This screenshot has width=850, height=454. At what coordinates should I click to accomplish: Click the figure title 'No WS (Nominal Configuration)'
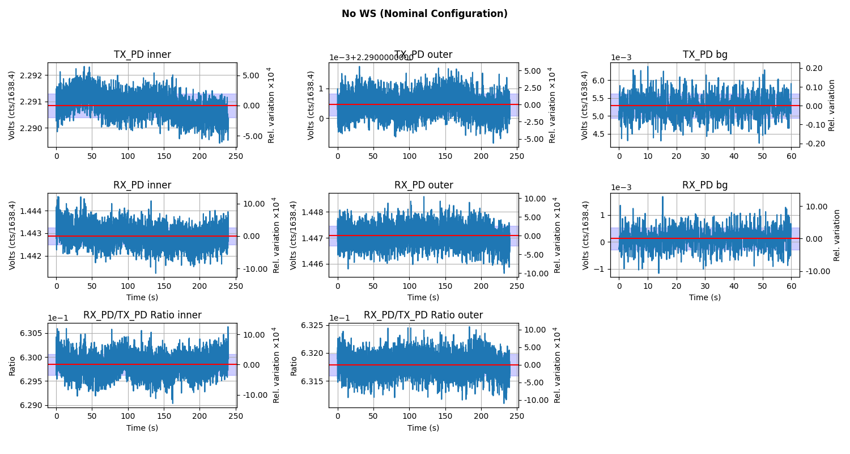click(424, 14)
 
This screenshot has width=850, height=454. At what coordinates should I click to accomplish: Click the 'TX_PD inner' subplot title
click(142, 54)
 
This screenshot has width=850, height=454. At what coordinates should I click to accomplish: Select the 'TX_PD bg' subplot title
click(705, 54)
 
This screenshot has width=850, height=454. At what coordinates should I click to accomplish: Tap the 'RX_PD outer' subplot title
click(423, 185)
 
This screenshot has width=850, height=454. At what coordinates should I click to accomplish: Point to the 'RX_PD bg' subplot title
click(705, 185)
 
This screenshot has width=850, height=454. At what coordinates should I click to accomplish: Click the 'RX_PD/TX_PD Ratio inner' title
click(142, 315)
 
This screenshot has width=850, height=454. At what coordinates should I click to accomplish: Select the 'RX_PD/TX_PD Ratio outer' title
click(423, 315)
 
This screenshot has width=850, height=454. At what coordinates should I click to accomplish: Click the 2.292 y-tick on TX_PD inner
click(31, 75)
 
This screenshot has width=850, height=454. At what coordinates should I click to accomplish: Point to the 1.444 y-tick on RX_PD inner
click(31, 211)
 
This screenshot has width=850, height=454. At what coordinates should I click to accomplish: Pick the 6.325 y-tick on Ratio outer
click(312, 326)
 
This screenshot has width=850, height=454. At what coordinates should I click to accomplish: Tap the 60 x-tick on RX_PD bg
click(791, 287)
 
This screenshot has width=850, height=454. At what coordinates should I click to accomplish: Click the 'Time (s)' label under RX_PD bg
click(705, 297)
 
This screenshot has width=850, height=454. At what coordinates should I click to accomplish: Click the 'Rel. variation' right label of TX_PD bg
click(832, 105)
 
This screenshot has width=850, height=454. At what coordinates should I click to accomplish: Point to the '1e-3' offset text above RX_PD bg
click(621, 188)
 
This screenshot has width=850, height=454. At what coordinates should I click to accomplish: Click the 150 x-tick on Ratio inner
click(164, 417)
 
